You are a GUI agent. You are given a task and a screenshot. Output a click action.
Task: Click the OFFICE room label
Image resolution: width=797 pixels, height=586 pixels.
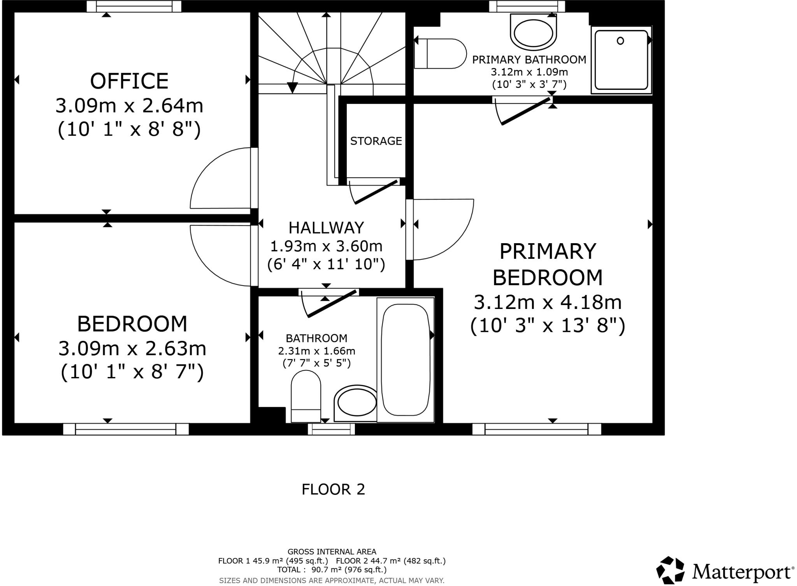pyautogui.click(x=129, y=81)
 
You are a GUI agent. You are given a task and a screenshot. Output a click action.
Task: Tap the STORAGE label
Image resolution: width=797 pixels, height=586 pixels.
pyautogui.click(x=376, y=141)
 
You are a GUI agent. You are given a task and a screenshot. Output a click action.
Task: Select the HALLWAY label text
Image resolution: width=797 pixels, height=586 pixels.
pyautogui.click(x=326, y=228)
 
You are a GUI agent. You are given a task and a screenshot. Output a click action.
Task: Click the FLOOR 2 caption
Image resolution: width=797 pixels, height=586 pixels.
pyautogui.click(x=334, y=489)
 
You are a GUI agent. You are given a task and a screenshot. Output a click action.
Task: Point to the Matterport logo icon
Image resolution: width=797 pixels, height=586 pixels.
pyautogui.click(x=670, y=570)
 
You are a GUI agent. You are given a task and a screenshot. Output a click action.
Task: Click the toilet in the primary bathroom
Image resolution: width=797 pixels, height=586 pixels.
pyautogui.click(x=440, y=54)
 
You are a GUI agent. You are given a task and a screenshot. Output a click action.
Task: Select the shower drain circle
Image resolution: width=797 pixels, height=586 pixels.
pyautogui.click(x=620, y=40)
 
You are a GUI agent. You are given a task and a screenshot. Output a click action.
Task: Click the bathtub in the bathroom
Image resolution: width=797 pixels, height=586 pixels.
pyautogui.click(x=406, y=360)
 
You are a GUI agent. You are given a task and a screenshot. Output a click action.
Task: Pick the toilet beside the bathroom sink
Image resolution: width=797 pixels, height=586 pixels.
pyautogui.click(x=306, y=396)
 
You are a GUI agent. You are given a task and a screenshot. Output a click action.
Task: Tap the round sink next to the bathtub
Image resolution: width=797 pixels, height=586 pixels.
pyautogui.click(x=356, y=404)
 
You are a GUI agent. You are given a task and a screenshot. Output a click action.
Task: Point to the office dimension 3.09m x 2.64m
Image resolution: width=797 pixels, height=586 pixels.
pyautogui.click(x=129, y=106)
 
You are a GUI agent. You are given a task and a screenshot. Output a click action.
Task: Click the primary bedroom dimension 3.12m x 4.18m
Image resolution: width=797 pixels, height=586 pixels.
pyautogui.click(x=548, y=302)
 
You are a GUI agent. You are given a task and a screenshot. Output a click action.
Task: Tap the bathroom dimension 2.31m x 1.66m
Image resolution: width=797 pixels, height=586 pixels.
pyautogui.click(x=316, y=351)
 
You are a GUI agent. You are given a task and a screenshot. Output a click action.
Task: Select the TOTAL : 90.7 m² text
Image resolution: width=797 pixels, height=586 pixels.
pyautogui.click(x=332, y=570)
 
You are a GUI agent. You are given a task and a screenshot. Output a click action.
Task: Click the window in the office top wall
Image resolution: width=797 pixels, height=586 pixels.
pyautogui.click(x=134, y=6)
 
